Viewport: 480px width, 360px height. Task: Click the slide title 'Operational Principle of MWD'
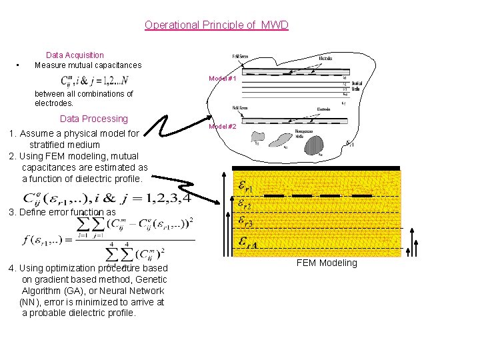tap(217, 25)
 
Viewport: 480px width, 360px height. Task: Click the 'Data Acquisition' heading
tap(75, 55)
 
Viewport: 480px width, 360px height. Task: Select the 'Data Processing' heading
tap(93, 119)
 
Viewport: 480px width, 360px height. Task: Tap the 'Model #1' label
tap(223, 79)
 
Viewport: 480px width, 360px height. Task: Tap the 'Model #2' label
tap(223, 126)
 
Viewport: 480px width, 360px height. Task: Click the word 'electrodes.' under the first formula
tap(54, 104)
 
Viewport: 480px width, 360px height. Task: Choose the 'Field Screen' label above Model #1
tap(241, 57)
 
